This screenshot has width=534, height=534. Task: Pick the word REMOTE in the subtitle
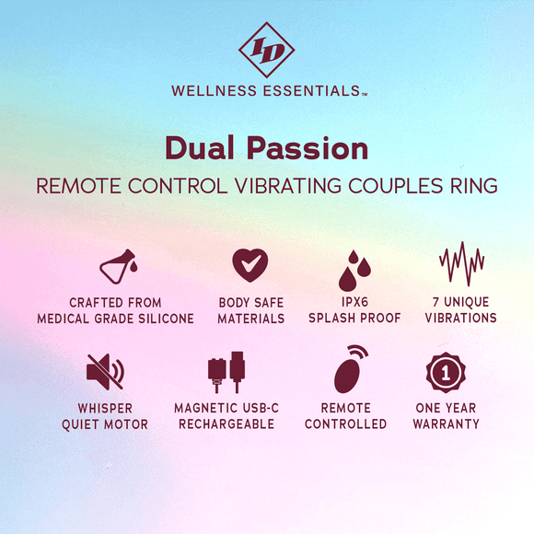(x=75, y=185)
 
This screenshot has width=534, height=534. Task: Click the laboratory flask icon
(x=116, y=267)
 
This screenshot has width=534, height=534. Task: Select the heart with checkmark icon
(x=250, y=265)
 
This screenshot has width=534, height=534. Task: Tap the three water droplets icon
(x=354, y=270)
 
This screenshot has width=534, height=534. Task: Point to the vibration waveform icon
(x=460, y=265)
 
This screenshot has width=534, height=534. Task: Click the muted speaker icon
(x=103, y=371)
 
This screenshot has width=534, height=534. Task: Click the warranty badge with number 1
(x=446, y=372)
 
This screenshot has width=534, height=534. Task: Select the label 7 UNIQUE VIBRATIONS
(x=460, y=310)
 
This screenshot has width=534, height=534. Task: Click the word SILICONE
(x=166, y=319)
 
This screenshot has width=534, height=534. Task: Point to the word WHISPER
(x=104, y=408)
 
